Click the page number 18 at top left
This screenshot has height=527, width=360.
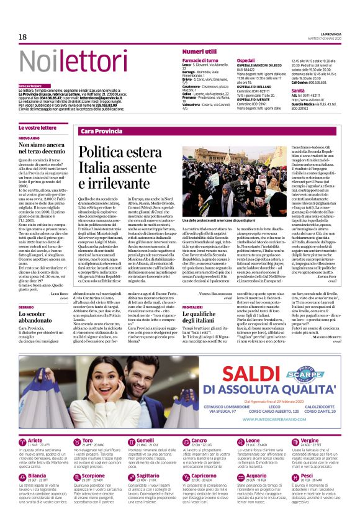(22, 37)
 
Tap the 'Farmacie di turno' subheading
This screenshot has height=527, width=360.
(200, 60)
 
